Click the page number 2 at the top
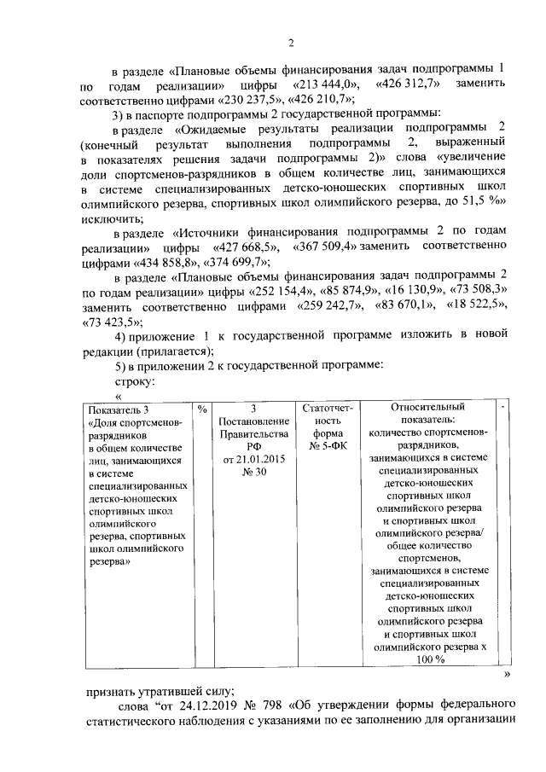290,44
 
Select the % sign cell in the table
202,409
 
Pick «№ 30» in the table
253,473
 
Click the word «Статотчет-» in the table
327,409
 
